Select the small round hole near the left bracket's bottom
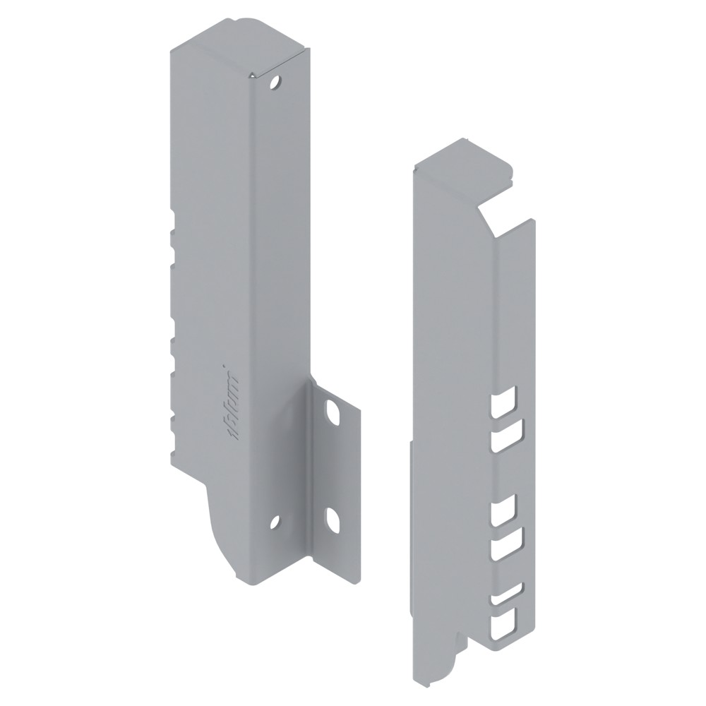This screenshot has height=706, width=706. (x=275, y=522)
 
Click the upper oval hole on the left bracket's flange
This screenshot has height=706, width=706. (x=333, y=413)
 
